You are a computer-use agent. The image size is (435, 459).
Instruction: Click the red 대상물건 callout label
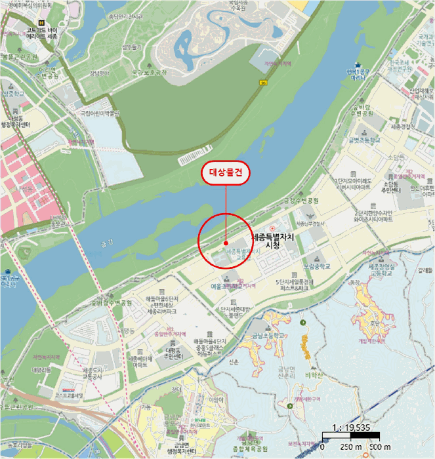click(x=226, y=173)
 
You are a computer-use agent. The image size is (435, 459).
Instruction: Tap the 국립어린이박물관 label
click(x=102, y=113)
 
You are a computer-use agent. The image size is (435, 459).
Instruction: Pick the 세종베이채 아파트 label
click(x=142, y=362)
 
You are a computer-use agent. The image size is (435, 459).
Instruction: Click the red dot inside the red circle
click(x=225, y=243)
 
